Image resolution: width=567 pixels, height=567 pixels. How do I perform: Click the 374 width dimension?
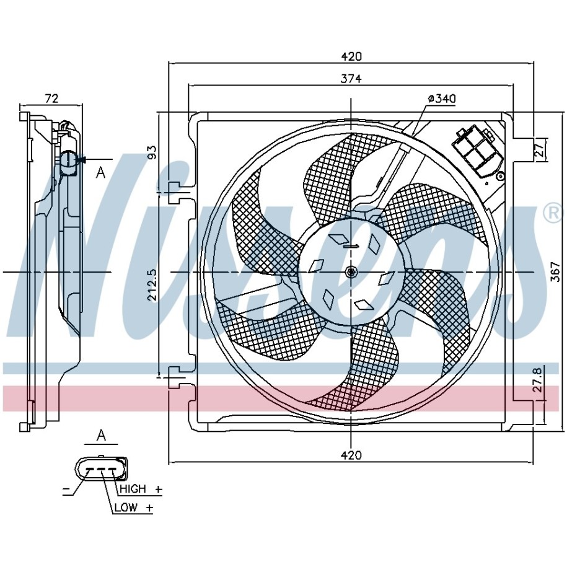click(351, 79)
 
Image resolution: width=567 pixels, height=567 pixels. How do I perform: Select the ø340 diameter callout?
click(442, 99)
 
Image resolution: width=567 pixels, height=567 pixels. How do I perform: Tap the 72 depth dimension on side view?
click(51, 98)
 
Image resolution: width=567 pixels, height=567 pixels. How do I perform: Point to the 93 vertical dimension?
click(152, 152)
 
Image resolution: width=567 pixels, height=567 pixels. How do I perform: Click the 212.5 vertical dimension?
click(152, 284)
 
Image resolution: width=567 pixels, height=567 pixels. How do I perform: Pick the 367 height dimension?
click(555, 272)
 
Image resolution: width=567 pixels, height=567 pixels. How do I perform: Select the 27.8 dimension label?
click(538, 380)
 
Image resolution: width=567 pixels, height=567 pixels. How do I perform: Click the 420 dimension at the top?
click(351, 56)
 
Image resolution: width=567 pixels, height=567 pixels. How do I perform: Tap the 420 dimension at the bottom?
click(351, 455)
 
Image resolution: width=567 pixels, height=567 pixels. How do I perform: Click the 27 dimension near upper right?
click(539, 149)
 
